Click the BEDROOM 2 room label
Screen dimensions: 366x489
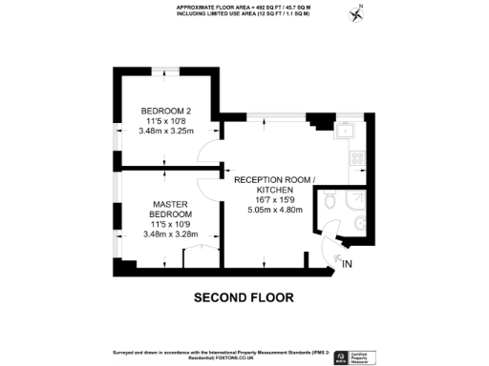159,110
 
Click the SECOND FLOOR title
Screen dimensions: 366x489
244,297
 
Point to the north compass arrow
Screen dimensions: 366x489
358,13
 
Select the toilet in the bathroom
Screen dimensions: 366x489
330,202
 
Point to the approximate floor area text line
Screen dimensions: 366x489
244,8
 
